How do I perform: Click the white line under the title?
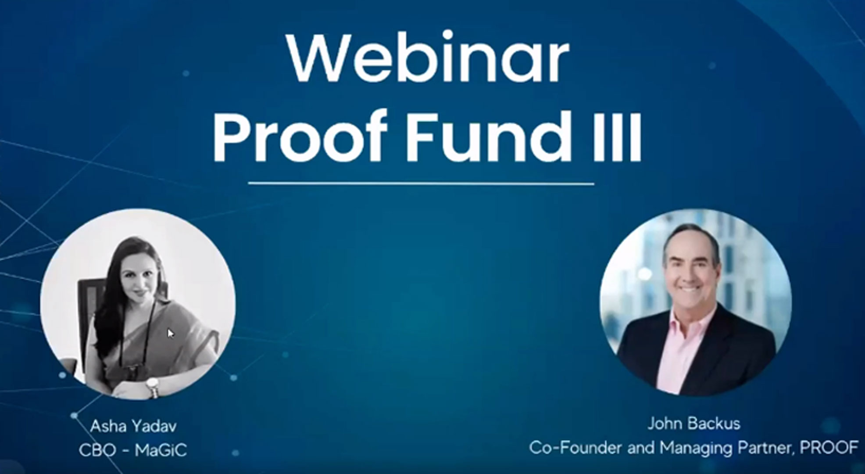[x=421, y=183]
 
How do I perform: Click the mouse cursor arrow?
[x=171, y=334]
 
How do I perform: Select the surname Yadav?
[x=155, y=426]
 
